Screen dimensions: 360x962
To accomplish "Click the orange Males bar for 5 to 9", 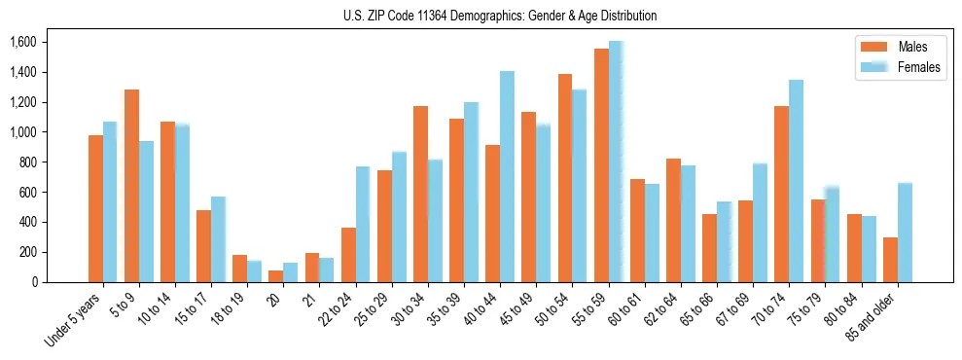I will (x=132, y=186).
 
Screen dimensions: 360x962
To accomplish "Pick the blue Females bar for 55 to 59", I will (x=616, y=162).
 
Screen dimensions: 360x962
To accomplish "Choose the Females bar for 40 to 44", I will (x=507, y=176).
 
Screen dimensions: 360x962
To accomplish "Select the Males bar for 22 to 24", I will (x=348, y=255).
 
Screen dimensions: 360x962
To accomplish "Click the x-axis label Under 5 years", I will (x=74, y=317).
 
